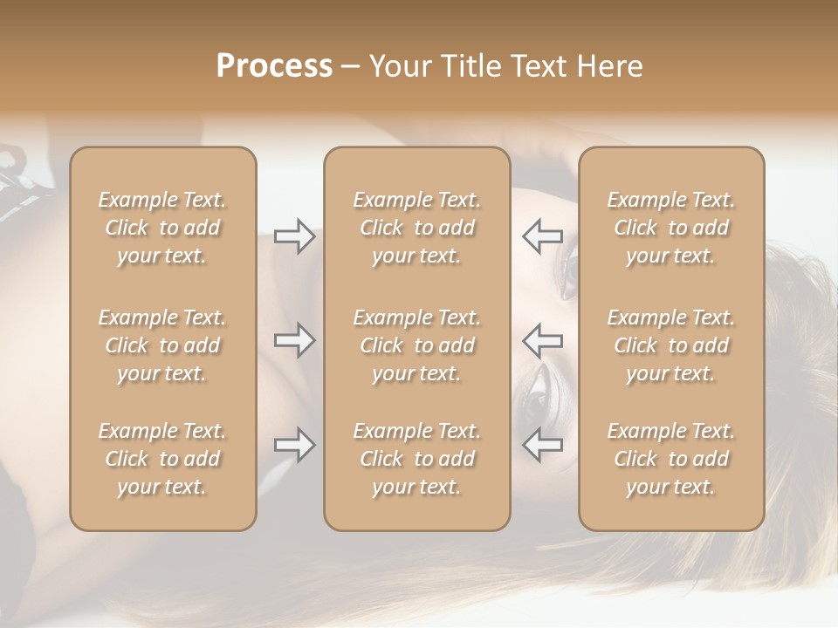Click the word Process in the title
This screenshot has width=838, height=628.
point(274,66)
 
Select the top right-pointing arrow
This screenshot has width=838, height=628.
point(295,235)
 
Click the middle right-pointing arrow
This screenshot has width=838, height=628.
point(295,340)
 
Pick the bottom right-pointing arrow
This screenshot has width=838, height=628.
point(295,445)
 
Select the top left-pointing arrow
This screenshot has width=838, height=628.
point(542,235)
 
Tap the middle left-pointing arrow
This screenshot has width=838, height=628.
point(542,340)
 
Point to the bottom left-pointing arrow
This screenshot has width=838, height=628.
point(542,445)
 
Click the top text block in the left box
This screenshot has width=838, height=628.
point(162,228)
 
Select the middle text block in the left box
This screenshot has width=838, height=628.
point(162,345)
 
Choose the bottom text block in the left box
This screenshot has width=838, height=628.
point(162,459)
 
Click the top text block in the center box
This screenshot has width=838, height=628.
point(417,228)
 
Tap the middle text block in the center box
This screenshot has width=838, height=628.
point(417,345)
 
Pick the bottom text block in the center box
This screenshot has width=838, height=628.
point(417,459)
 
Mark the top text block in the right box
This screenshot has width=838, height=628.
point(671,228)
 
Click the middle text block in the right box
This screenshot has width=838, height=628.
point(671,345)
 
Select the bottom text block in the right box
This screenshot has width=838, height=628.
point(671,459)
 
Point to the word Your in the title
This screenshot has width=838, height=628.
point(401,66)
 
